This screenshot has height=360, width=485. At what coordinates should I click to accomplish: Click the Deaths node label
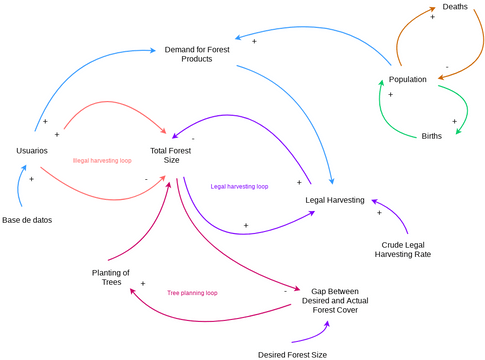point(454,7)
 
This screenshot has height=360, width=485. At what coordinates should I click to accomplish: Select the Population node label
point(408,79)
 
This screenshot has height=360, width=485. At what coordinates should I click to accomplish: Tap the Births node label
point(432,135)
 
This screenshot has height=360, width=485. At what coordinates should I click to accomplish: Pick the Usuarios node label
point(32,150)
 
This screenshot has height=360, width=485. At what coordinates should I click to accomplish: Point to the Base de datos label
point(27,219)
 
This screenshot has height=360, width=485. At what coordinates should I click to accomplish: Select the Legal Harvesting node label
point(341,199)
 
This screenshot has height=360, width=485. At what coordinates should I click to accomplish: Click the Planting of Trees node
point(111,277)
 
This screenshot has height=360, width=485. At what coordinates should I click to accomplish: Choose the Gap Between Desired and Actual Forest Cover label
point(334,299)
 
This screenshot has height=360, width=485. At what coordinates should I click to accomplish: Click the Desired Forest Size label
point(292,354)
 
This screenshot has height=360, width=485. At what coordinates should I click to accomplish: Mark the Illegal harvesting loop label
point(102,160)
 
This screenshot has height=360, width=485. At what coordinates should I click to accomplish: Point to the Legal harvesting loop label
point(239,186)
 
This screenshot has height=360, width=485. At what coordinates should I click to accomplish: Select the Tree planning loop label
point(192,293)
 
